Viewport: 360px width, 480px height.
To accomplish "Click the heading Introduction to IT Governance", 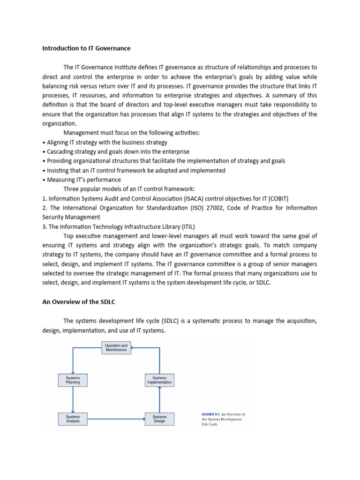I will [86, 48].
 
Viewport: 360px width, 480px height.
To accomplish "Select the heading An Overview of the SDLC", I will [79, 302].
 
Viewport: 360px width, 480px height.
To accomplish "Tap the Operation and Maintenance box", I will [116, 348].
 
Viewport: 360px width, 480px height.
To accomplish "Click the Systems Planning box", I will [73, 380].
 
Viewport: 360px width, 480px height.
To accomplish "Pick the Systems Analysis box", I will [73, 419].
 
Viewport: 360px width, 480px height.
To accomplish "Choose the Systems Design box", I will [159, 419].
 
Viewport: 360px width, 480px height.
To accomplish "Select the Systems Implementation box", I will [159, 380].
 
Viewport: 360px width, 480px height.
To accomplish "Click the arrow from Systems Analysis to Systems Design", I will [116, 419].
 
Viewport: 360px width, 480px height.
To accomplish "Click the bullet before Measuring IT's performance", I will [44, 180].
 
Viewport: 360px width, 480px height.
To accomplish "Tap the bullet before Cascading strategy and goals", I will [44, 151].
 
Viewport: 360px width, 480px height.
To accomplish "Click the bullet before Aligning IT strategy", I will [44, 142].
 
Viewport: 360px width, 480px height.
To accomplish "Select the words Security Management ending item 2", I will [71, 217].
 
